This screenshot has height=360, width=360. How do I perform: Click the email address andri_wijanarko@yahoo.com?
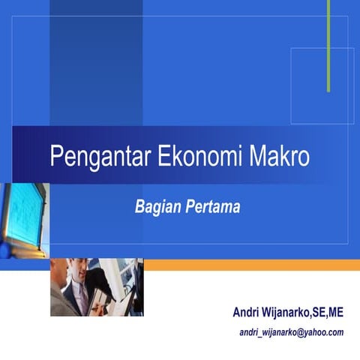point(291,332)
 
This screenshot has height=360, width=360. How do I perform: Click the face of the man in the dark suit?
point(80,272)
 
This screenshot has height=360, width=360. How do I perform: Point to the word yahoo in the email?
point(316,332)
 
